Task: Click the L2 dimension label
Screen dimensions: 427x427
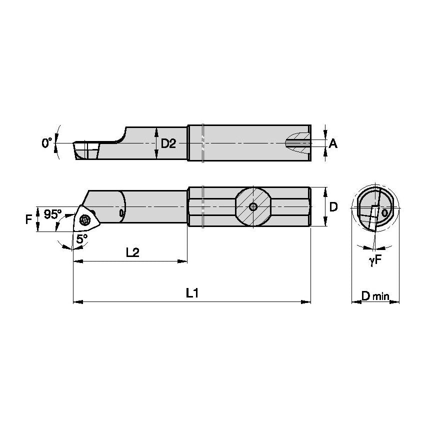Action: click(x=132, y=252)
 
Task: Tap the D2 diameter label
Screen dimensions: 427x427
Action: click(x=168, y=144)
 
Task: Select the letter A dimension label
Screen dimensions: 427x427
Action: click(x=333, y=144)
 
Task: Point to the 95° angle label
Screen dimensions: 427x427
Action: click(x=51, y=214)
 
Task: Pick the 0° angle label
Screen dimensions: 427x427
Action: click(x=46, y=143)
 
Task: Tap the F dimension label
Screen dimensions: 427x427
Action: click(x=28, y=218)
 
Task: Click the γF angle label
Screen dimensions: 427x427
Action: click(x=375, y=260)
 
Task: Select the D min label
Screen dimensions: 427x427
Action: click(x=375, y=296)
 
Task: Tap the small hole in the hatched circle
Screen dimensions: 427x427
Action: click(x=253, y=207)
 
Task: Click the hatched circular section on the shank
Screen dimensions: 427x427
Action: click(x=253, y=207)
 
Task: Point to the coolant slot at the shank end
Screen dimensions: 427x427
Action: click(x=298, y=143)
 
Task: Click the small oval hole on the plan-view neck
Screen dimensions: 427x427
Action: click(x=122, y=213)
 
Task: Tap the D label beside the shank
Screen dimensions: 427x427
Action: click(x=333, y=207)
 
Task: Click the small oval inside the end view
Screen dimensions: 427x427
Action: click(x=384, y=212)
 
